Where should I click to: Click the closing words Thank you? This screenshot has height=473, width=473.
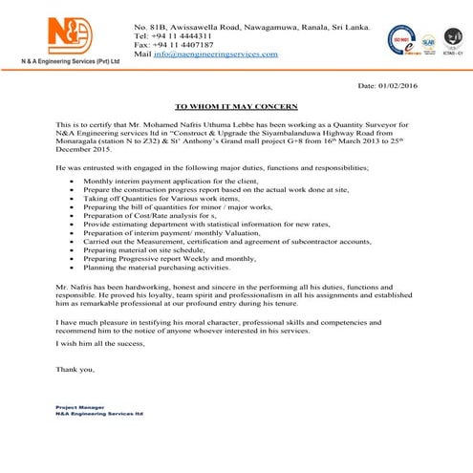pyautogui.click(x=75, y=369)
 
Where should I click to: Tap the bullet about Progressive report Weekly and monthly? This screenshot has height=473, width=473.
pyautogui.click(x=168, y=260)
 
